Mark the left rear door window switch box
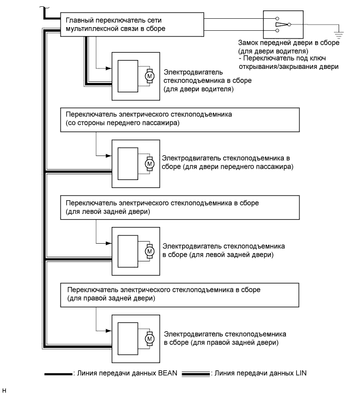(180, 207)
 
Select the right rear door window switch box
(180, 294)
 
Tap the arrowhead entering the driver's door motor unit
(109, 68)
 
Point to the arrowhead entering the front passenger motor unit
(109, 155)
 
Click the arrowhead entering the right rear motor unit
(109, 331)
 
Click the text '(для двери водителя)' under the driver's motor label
(198, 89)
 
